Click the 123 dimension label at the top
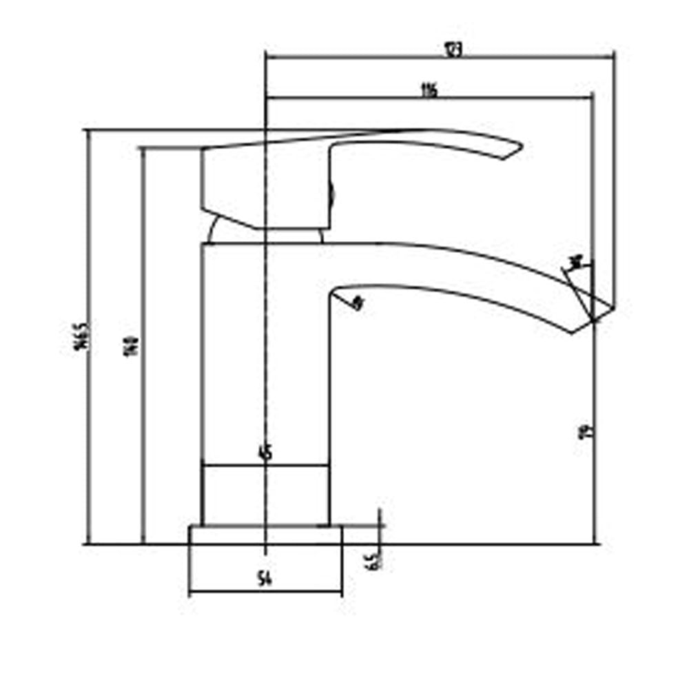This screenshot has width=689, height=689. pos(452,50)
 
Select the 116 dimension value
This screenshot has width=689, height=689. pos(429,90)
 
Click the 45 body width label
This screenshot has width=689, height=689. pos(265,453)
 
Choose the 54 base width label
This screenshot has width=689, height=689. pos(264,580)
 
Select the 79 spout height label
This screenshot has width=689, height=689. pos(586,431)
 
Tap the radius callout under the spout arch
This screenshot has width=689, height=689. pos(356,302)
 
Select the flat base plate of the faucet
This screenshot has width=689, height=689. pos(265,535)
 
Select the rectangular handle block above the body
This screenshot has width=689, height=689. pos(265,186)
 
